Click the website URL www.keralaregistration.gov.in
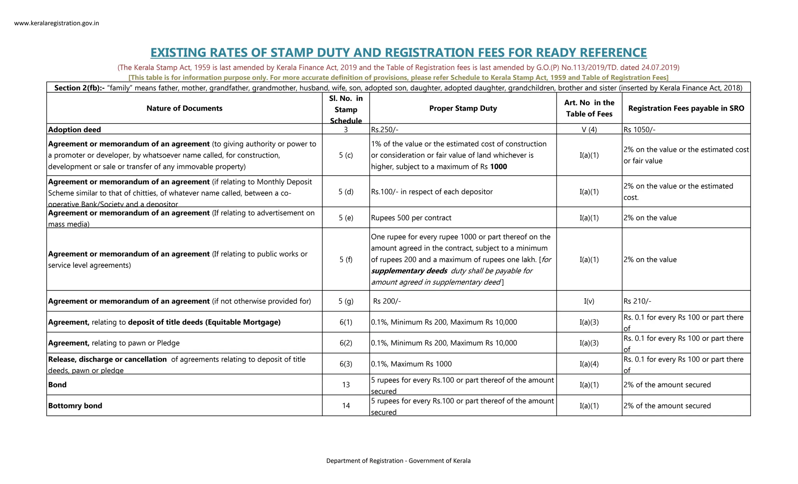click(x=56, y=23)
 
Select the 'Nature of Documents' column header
click(x=184, y=108)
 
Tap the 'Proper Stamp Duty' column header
click(x=463, y=108)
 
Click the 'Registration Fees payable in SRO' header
click(x=686, y=108)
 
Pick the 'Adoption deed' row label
click(x=74, y=130)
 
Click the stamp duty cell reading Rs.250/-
click(x=385, y=130)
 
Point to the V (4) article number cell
click(x=589, y=130)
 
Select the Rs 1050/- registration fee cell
click(x=639, y=130)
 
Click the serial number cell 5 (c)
click(x=346, y=155)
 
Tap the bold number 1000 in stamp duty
click(x=498, y=167)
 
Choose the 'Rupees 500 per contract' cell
click(x=411, y=218)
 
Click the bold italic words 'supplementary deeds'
click(x=409, y=271)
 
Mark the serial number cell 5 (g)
click(x=346, y=301)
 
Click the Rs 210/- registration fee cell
click(x=637, y=301)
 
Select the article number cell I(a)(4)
click(x=589, y=364)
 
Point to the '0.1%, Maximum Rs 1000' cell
click(x=411, y=364)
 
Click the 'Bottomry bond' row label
click(x=75, y=405)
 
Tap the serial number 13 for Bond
click(x=346, y=385)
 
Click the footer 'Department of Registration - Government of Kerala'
click(x=398, y=461)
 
